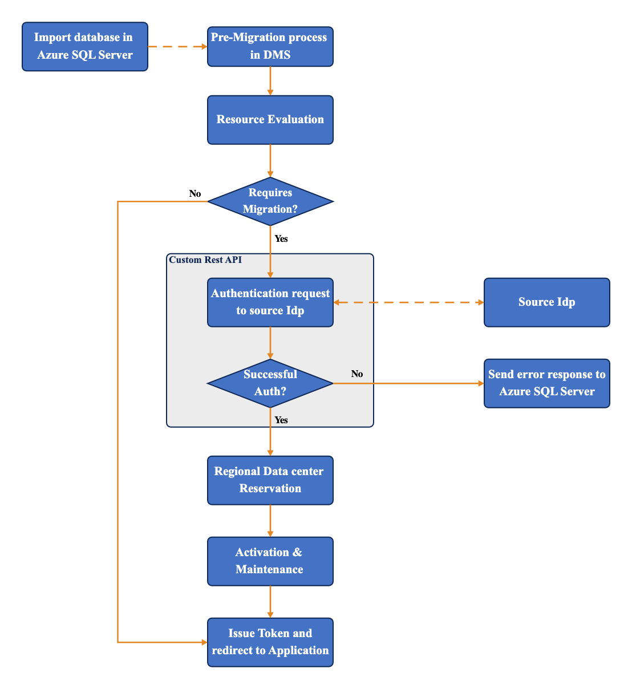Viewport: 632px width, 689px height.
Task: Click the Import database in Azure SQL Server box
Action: tap(85, 47)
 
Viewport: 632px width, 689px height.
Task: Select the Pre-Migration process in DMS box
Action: tap(270, 47)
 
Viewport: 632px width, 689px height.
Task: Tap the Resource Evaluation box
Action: tap(270, 120)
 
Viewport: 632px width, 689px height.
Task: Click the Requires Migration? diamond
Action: tap(270, 201)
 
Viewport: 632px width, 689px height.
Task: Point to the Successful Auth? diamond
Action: tap(270, 383)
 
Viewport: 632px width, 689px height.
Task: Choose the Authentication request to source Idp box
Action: tap(270, 302)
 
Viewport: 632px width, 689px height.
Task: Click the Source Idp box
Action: tap(546, 302)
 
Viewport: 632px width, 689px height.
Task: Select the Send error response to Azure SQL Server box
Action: tap(546, 383)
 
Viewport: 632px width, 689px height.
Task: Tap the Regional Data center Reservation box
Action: tap(270, 480)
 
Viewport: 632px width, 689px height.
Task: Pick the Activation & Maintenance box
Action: tap(270, 561)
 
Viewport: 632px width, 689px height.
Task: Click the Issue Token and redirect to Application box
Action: tap(270, 642)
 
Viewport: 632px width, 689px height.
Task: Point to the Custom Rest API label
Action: tap(205, 260)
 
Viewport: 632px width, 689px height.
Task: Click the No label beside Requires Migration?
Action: tap(195, 194)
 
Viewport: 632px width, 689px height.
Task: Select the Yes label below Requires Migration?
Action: tap(281, 239)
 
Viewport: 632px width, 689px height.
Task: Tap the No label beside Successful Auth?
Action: tap(357, 374)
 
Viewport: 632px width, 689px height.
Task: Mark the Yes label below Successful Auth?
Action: tap(281, 420)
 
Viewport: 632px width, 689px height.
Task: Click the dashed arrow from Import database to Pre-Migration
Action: tap(177, 47)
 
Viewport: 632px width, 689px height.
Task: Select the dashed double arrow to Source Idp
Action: tap(408, 302)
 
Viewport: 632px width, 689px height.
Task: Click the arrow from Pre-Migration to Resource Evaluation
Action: tap(270, 81)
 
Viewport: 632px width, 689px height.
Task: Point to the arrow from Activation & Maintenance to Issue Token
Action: tap(270, 602)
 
